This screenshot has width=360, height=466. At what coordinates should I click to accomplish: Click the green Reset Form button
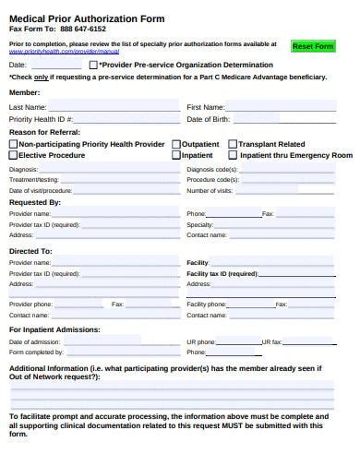312,46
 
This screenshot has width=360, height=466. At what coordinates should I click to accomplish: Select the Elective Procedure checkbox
13,155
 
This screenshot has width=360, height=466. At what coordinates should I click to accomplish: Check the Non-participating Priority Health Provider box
13,144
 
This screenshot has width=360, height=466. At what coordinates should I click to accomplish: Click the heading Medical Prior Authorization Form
75,17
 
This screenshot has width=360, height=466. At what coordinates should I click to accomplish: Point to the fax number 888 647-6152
82,29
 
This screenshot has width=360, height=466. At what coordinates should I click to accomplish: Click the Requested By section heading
35,201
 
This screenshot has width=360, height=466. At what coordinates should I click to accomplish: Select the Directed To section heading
30,250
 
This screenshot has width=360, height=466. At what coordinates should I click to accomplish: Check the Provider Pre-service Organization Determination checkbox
92,66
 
